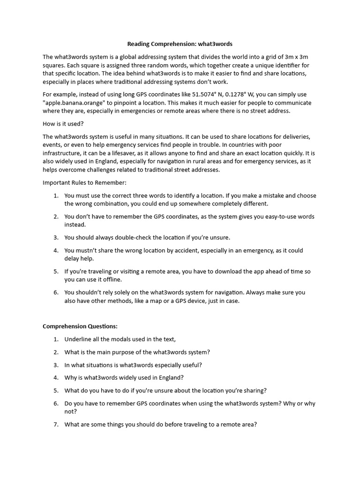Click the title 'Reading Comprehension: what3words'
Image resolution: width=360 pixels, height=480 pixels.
(x=180, y=44)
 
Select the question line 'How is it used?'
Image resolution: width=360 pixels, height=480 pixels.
(x=63, y=124)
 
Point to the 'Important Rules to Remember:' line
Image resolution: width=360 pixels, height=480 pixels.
(x=85, y=182)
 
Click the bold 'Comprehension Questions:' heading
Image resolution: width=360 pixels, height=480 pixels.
(x=80, y=326)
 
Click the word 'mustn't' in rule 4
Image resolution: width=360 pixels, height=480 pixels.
(x=88, y=250)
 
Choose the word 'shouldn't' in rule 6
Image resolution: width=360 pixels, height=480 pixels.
(x=90, y=292)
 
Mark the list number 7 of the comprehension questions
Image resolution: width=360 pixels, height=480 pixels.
(x=55, y=425)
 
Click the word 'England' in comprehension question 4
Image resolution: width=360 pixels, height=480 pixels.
(x=170, y=377)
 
